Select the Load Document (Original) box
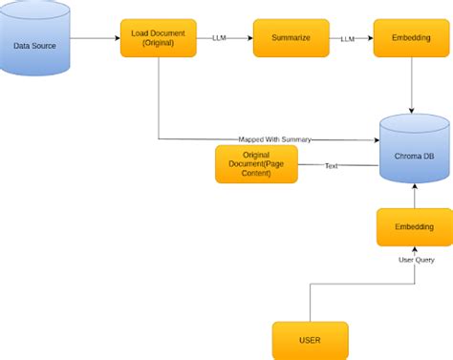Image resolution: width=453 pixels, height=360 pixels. click(159, 38)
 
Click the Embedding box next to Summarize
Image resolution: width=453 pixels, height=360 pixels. click(412, 38)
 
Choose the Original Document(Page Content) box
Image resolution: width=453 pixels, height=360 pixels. click(256, 164)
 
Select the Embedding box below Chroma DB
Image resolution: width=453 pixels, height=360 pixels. click(414, 226)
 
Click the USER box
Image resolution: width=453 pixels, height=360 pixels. click(310, 340)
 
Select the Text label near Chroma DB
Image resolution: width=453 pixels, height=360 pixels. click(332, 165)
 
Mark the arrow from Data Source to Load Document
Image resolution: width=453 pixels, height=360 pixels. click(96, 39)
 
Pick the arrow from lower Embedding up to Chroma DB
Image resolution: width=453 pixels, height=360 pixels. click(414, 196)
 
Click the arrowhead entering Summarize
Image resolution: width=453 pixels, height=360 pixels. click(248, 39)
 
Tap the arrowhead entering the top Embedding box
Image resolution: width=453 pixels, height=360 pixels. click(369, 39)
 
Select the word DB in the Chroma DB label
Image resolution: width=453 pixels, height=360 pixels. click(431, 156)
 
